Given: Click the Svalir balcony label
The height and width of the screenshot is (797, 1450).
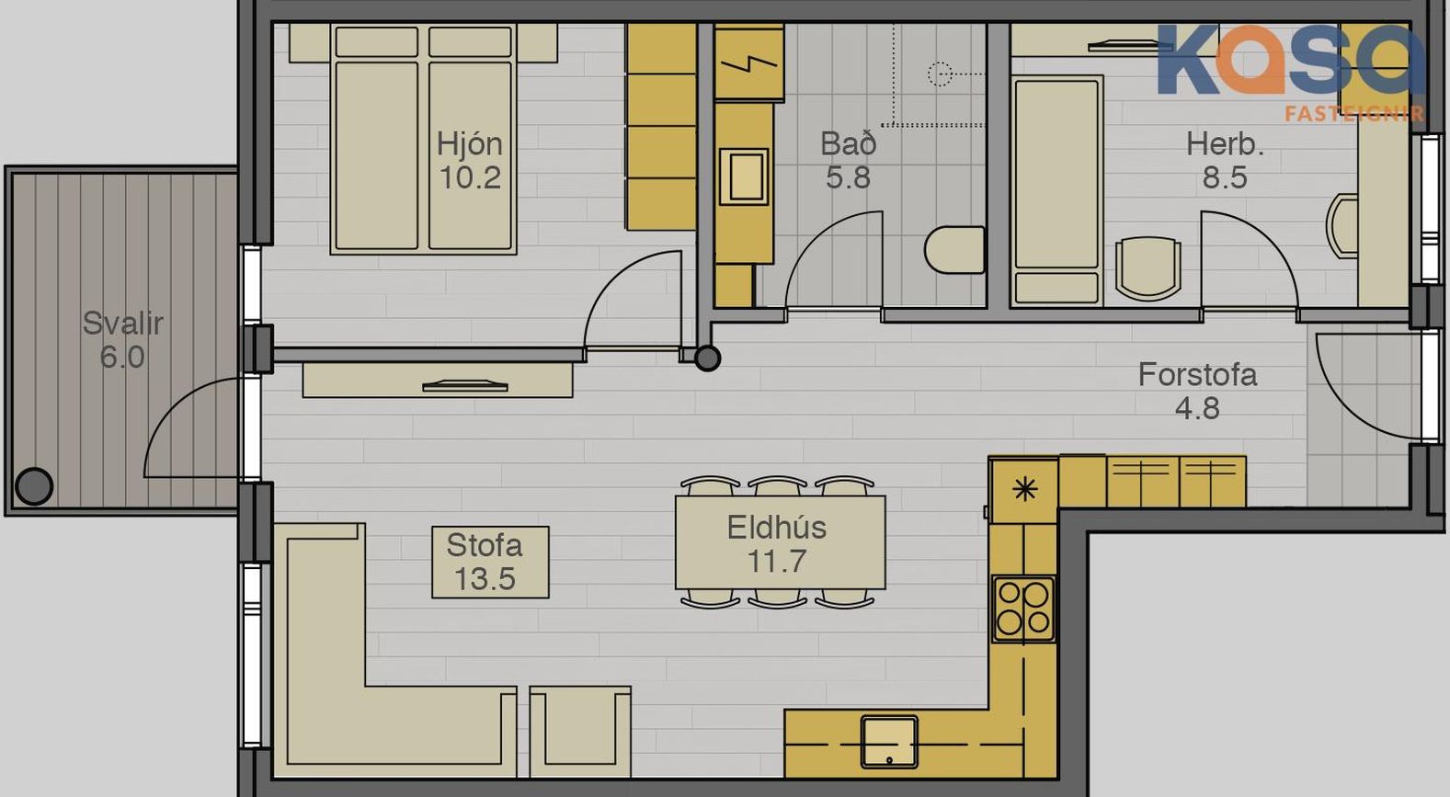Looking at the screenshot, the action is tap(122, 324).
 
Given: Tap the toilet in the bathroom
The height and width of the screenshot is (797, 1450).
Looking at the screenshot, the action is tap(954, 250).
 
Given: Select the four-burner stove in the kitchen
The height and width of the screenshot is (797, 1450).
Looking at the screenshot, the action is tap(1022, 609).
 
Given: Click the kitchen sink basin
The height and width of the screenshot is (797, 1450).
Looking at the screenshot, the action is tap(889, 741).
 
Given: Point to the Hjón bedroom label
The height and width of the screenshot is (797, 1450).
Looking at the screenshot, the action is tap(469, 143).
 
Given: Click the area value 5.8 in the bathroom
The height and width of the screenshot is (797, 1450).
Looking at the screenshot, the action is tap(848, 177).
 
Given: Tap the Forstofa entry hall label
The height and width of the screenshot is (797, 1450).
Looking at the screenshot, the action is tap(1197, 375).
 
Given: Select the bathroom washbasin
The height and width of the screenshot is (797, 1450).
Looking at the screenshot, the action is tap(745, 176).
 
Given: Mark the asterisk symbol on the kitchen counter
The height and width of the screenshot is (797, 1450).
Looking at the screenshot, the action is tap(1025, 488).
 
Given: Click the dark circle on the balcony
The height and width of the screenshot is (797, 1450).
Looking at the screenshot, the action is tap(34, 486).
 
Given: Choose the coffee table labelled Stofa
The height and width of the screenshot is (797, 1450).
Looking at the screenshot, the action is tap(490, 562).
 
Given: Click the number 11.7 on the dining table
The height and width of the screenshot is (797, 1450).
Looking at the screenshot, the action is tap(777, 561).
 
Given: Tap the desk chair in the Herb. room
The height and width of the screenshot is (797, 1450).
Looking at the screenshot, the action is tap(1147, 268).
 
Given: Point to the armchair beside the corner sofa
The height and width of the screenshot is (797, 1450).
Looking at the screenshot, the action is tap(580, 731).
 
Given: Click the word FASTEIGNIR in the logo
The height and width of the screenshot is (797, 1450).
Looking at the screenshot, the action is tap(1354, 115).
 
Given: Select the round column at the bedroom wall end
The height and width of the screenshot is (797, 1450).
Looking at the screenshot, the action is tap(707, 359).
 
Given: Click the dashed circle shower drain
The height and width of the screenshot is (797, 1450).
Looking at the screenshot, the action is tap(940, 74).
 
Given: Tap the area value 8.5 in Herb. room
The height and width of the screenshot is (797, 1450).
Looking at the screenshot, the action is tap(1225, 177).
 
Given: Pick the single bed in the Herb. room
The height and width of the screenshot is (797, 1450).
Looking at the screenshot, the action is tap(1056, 191).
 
